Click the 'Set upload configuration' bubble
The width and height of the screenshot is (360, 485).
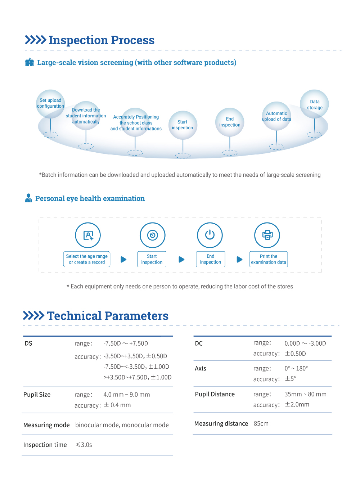pyautogui.click(x=50, y=104)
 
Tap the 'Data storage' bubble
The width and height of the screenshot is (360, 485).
pyautogui.click(x=314, y=104)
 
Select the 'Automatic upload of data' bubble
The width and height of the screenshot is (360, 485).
pyautogui.click(x=276, y=116)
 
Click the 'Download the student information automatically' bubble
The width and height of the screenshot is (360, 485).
pyautogui.click(x=86, y=116)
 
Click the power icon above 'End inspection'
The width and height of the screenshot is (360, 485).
pyautogui.click(x=210, y=235)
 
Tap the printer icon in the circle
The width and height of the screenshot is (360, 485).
pyautogui.click(x=267, y=235)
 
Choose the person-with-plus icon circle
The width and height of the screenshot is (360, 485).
pyautogui.click(x=88, y=235)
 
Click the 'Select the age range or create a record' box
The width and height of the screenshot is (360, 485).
pyautogui.click(x=87, y=259)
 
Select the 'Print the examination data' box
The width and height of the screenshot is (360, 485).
pyautogui.click(x=269, y=259)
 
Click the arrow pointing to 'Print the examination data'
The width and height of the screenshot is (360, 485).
pyautogui.click(x=239, y=259)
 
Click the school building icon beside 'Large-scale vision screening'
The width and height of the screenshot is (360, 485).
pyautogui.click(x=30, y=63)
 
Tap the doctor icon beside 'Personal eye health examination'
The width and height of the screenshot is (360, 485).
pyautogui.click(x=28, y=198)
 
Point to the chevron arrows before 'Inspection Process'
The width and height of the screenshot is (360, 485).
pyautogui.click(x=35, y=40)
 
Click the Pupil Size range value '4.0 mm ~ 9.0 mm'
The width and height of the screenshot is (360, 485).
pyautogui.click(x=127, y=395)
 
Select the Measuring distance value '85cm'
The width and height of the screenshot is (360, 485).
pyautogui.click(x=261, y=423)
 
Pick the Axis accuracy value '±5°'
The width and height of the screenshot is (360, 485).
pyautogui.click(x=290, y=379)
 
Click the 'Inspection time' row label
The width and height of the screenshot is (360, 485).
pyautogui.click(x=45, y=445)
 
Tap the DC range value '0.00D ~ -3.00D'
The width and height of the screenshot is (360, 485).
pyautogui.click(x=305, y=343)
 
